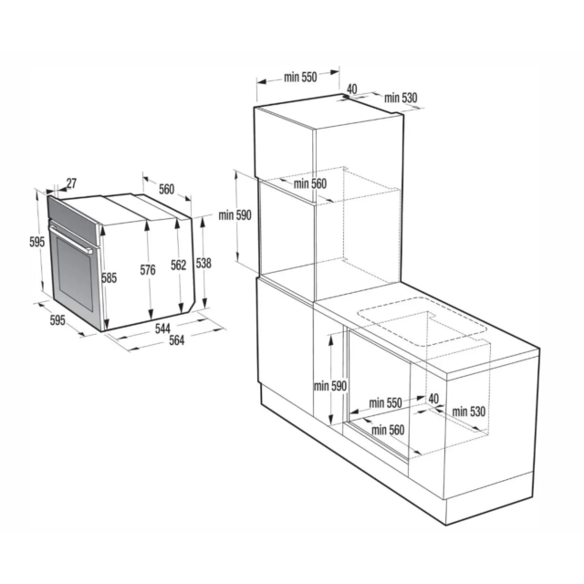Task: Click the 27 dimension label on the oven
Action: tap(71, 182)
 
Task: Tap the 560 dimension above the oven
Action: tap(166, 189)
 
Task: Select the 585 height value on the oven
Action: tap(109, 277)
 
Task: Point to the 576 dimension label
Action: tap(148, 270)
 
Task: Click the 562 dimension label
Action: tap(179, 265)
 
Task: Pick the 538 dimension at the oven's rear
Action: tap(203, 264)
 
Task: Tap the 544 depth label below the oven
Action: tap(162, 328)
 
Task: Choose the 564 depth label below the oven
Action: tap(176, 340)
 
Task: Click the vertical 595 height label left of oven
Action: tap(36, 242)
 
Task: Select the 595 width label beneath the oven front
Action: tap(57, 320)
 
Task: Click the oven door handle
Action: tap(71, 238)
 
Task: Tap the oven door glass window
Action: tap(75, 274)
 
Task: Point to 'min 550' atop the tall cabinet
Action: tap(300, 77)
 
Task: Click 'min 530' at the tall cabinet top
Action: tap(401, 98)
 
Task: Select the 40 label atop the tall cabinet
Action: tap(351, 89)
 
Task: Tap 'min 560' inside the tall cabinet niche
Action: tap(310, 183)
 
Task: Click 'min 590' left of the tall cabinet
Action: tap(235, 215)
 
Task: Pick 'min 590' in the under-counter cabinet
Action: tap(330, 386)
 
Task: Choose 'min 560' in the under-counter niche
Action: tap(388, 430)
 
